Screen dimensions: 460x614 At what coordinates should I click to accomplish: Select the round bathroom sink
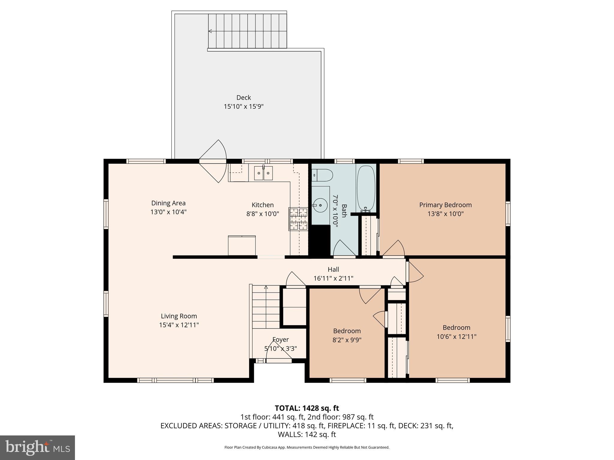pos(320,205)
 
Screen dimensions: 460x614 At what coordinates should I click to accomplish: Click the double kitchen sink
pos(264,173)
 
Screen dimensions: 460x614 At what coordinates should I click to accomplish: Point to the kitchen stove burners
pos(298,219)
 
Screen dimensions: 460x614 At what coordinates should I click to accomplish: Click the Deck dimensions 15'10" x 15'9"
pos(243,106)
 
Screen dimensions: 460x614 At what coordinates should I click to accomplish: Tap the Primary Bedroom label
pos(445,205)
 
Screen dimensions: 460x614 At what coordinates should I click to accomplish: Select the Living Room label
pos(179,316)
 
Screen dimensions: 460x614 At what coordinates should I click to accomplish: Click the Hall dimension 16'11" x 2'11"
pos(333,278)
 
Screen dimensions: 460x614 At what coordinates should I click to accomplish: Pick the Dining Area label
pos(168,203)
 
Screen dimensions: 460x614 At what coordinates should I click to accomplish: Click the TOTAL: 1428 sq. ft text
pos(307,408)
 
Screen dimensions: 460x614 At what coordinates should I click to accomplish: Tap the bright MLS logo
pos(37,447)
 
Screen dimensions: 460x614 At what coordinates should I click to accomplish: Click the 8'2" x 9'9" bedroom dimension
pos(347,340)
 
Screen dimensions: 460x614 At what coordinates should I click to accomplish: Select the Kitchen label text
pos(262,205)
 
